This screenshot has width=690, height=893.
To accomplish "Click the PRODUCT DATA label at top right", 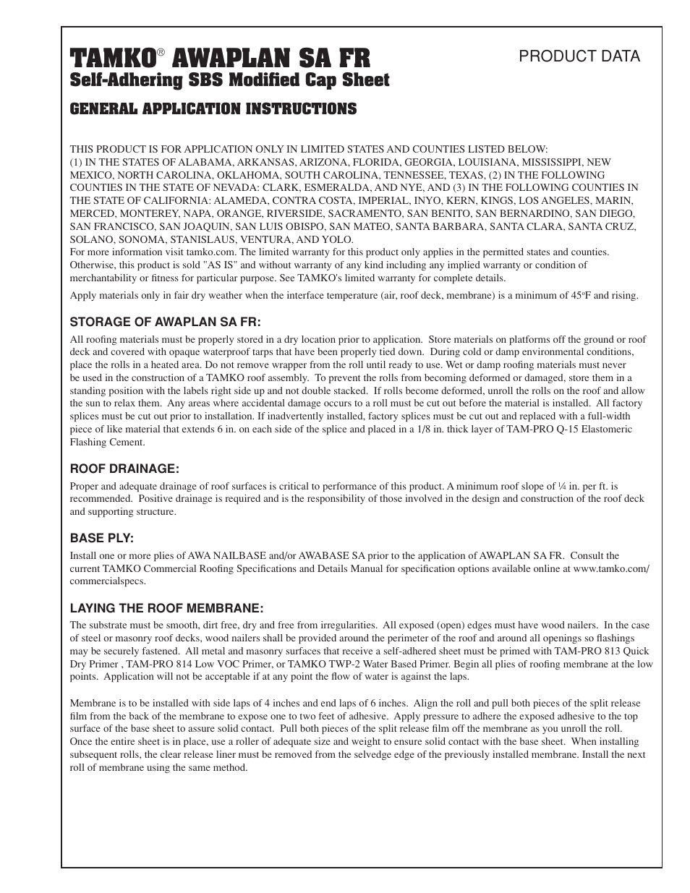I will (579, 56).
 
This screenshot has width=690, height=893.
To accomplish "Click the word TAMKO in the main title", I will (113, 58).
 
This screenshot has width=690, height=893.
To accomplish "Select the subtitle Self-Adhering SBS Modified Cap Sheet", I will (229, 80).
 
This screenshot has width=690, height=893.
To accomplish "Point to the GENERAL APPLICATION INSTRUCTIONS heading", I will (213, 109).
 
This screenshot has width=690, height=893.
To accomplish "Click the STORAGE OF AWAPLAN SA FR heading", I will (165, 322).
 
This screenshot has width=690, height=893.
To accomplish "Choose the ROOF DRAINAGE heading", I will (124, 469).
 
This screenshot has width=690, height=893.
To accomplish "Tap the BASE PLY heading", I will (102, 539).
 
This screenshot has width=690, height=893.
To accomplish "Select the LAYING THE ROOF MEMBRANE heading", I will (166, 608).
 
